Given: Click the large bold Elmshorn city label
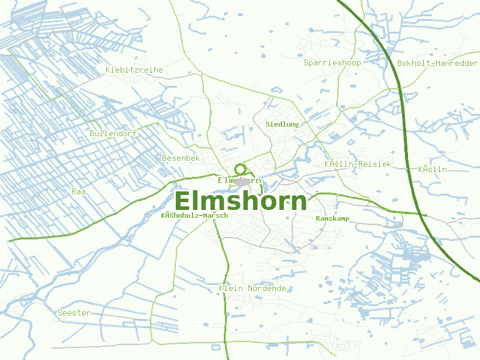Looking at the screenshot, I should click(241, 201).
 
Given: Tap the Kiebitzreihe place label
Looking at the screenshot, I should click(134, 70).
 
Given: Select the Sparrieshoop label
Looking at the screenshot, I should click(332, 63).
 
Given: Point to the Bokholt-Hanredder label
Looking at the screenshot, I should click(437, 63).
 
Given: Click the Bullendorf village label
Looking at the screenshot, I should click(113, 133).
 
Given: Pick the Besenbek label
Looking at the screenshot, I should click(181, 158).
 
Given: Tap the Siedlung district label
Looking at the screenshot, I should click(282, 124).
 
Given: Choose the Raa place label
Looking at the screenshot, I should click(79, 191).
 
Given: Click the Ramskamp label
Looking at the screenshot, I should click(332, 218).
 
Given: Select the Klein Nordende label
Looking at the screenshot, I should click(252, 289).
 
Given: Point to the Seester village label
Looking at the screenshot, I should click(74, 313).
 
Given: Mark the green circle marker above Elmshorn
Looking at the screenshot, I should click(240, 169).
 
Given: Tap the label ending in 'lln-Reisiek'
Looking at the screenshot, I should click(358, 164).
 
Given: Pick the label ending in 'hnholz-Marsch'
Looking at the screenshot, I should click(186, 215).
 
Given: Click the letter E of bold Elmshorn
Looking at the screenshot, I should click(182, 201).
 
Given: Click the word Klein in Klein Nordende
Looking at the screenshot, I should click(231, 289).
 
